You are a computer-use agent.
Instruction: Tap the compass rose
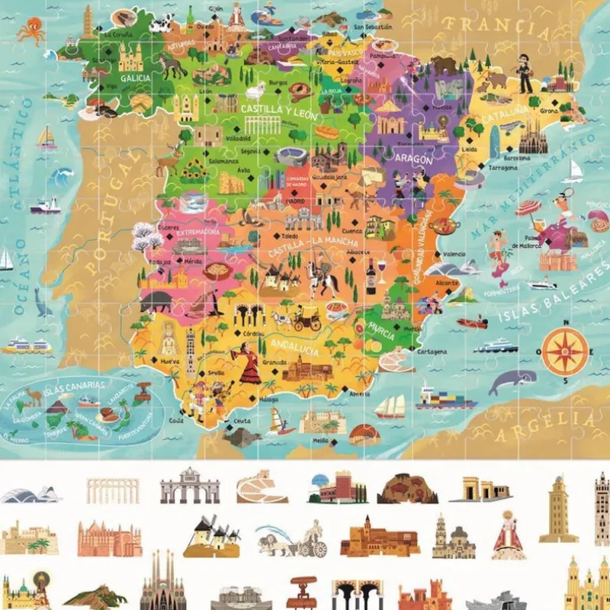point(566,351)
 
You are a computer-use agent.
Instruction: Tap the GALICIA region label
point(135,77)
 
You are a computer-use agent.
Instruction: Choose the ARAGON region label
point(413,159)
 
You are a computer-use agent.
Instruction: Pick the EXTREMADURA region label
point(197,232)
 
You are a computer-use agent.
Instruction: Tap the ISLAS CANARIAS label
point(66,387)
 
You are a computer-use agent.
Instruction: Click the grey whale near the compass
point(511,383)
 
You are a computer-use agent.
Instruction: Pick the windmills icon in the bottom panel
point(211,539)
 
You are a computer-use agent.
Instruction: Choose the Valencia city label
point(453,254)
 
